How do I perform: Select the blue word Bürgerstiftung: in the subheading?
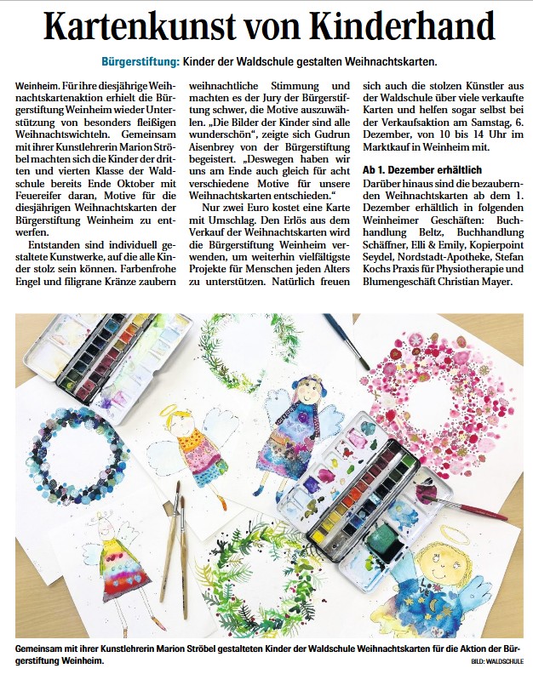click(x=139, y=62)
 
